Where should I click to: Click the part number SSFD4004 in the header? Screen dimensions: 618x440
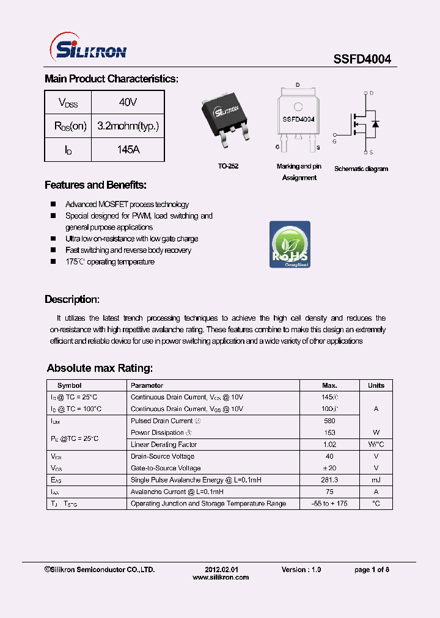(x=362, y=59)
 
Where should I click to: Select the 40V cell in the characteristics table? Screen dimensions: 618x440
(x=128, y=103)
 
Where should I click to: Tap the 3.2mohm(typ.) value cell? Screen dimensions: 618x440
(x=128, y=126)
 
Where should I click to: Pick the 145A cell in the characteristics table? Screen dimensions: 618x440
(x=128, y=149)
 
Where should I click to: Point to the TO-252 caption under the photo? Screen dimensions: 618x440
(x=228, y=166)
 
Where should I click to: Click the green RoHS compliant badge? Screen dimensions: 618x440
(x=290, y=244)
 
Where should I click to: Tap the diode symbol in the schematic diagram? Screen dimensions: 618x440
(x=375, y=125)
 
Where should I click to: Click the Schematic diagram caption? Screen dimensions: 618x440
(x=361, y=169)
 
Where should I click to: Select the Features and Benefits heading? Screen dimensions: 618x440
(x=95, y=185)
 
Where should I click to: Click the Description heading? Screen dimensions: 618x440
(x=71, y=299)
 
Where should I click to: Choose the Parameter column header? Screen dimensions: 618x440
(x=147, y=385)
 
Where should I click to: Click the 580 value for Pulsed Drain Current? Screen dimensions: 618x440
(x=329, y=421)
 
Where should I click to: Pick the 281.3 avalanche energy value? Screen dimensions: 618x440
(x=329, y=480)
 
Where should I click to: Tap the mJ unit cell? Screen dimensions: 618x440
(x=376, y=480)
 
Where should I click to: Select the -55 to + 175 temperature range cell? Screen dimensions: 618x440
(x=329, y=504)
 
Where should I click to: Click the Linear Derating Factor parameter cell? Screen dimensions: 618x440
(x=163, y=445)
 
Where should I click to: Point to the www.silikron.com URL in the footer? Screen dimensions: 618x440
(x=221, y=577)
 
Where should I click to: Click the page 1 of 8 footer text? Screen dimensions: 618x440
(x=372, y=570)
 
